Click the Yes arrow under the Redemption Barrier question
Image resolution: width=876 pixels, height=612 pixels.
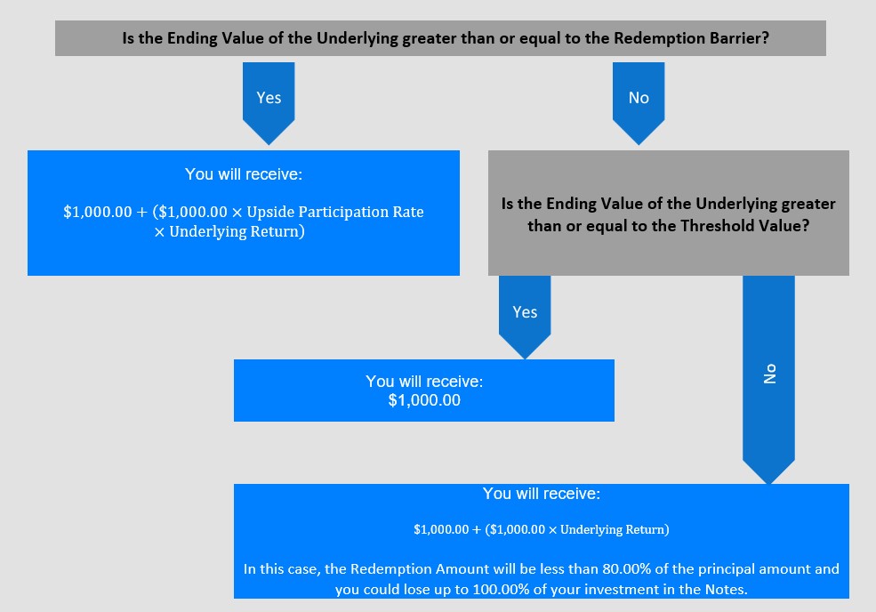pos(269,103)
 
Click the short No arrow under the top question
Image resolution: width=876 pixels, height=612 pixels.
pos(639,103)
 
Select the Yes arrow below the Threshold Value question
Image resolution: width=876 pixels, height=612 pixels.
pos(525,317)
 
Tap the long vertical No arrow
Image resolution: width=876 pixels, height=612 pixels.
pos(768,380)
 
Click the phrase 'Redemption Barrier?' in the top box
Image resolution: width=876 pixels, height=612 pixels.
pos(691,38)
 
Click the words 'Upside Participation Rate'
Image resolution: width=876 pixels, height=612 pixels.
pos(335,212)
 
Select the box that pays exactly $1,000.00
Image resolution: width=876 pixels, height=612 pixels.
pos(424,391)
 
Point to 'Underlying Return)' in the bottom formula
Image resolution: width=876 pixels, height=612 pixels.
pos(615,529)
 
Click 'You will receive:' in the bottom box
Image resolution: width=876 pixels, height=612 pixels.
pos(542,494)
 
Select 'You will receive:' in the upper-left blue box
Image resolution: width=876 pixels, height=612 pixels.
pos(244,174)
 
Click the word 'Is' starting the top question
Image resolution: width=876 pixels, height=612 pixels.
pos(128,38)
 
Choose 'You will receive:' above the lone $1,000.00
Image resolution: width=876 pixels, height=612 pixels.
pos(424,382)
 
